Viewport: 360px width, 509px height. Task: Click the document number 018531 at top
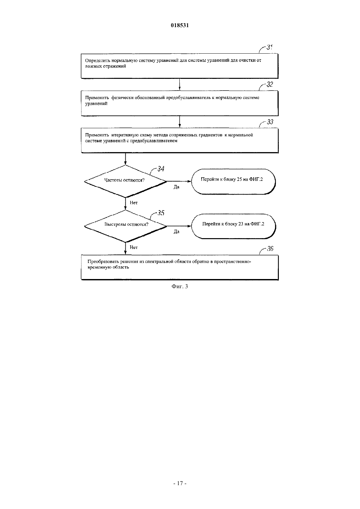point(180,25)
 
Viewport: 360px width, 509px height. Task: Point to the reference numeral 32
point(270,84)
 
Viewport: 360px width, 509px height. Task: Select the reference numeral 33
point(270,122)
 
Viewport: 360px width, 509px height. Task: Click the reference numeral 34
point(161,168)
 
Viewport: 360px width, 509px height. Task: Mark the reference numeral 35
point(161,213)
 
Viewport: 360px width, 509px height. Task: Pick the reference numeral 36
point(270,249)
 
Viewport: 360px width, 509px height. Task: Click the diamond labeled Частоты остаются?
point(125,181)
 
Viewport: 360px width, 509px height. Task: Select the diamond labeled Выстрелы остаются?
point(125,226)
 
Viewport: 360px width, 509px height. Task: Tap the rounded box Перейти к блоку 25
point(233,182)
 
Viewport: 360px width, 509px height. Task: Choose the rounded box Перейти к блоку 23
point(233,226)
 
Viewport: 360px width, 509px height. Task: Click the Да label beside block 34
point(176,187)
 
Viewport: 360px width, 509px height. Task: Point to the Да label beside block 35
point(176,232)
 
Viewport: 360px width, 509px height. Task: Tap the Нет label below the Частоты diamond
point(134,203)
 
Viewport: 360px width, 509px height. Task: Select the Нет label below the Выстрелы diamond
point(134,247)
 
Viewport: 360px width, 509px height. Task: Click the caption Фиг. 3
point(180,286)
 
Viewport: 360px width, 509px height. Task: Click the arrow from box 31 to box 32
point(180,84)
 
